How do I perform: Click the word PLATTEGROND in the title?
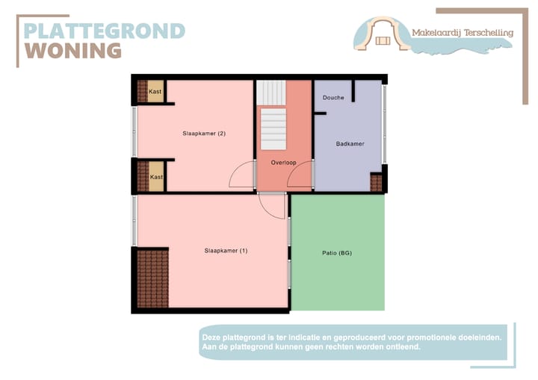105,31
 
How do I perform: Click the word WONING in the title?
73,51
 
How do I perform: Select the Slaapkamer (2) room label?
204,134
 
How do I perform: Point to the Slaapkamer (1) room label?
225,251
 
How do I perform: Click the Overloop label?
283,162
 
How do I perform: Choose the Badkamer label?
350,144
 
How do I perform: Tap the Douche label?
333,98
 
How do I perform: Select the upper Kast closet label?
155,92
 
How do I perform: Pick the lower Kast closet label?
156,177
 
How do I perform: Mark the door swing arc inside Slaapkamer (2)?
241,177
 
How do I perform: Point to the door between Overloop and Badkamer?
300,178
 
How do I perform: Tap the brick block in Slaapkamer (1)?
153,278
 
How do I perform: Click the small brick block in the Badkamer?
377,182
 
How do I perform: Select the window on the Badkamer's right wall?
385,123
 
